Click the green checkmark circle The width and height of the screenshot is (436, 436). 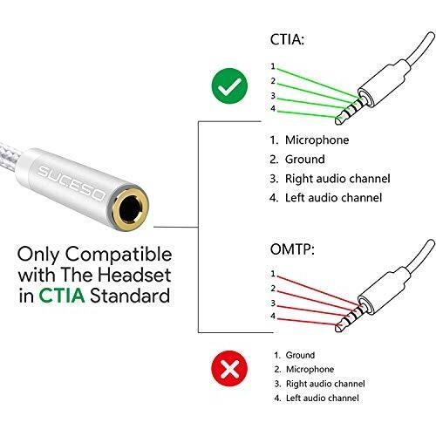(229, 86)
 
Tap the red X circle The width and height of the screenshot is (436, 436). (229, 369)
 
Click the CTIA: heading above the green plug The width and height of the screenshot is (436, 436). (287, 39)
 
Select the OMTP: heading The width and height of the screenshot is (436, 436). (292, 249)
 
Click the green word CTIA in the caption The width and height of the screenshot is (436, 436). (62, 296)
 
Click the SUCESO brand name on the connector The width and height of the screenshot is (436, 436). (71, 183)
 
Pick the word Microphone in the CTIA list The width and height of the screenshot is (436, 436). (317, 140)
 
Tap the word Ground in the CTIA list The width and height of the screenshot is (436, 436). (305, 160)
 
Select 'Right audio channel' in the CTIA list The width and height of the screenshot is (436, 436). (337, 179)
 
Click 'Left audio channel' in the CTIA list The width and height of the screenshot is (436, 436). (333, 198)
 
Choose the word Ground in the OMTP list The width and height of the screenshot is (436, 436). (300, 355)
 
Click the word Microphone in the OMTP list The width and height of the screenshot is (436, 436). (310, 369)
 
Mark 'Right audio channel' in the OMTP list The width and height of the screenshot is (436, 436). (325, 384)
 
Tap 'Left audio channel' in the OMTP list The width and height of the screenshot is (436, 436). (323, 398)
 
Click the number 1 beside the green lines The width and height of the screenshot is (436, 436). (273, 66)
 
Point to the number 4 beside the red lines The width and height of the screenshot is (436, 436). (273, 316)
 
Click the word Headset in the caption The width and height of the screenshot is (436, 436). (134, 275)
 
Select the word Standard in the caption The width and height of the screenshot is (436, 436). (130, 296)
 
